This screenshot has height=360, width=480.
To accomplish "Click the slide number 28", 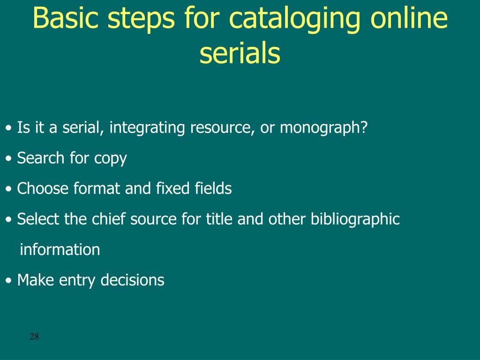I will tap(34, 336).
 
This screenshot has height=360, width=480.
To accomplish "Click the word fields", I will tap(213, 188).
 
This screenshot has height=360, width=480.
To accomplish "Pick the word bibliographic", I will tap(355, 219).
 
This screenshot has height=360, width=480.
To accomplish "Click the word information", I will tap(60, 249).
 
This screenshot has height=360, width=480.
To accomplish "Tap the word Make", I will tap(36, 280).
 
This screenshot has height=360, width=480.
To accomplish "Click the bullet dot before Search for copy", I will tap(9, 159).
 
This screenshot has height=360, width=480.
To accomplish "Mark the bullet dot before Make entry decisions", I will tap(9, 281).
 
